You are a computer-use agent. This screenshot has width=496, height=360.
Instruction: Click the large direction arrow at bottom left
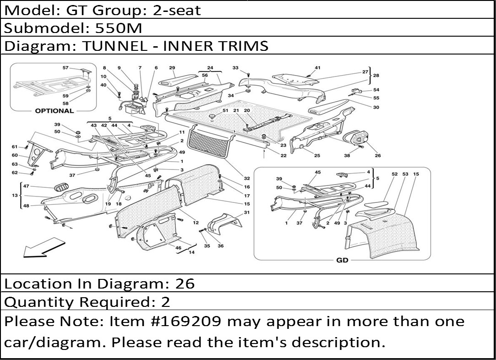pos(44,248)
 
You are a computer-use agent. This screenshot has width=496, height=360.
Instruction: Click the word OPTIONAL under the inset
pos(54,111)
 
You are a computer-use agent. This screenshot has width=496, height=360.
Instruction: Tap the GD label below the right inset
pos(342,260)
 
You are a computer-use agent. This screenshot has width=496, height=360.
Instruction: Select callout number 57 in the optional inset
pos(65,68)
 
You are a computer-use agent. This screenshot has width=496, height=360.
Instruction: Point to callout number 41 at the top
pos(317,68)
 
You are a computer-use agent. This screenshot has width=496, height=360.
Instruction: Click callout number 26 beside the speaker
pos(378,155)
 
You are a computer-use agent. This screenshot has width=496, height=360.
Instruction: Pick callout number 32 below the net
pos(247,179)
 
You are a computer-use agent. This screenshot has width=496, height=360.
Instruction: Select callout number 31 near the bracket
pos(247,212)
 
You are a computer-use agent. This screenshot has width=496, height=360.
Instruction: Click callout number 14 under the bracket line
pos(191,252)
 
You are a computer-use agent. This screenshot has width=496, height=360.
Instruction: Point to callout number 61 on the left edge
pos(15,147)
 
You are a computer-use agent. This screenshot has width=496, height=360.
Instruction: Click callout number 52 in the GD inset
pos(394,174)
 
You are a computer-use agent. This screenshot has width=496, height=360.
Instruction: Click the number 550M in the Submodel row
pos(118,28)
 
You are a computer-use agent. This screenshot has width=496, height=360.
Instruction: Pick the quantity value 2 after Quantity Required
pos(165,302)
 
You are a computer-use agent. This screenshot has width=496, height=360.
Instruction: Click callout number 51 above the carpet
pos(225,110)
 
